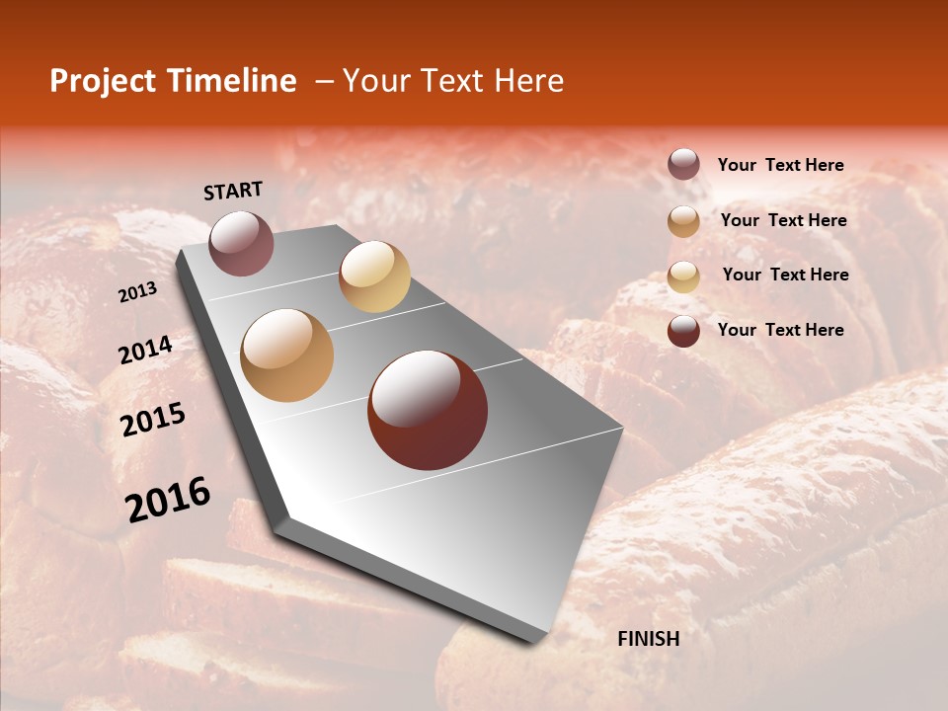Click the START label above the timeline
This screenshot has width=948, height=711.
point(233,191)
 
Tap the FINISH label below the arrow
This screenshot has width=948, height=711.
point(649,639)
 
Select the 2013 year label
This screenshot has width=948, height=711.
point(138,291)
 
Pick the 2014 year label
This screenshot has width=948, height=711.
point(146,350)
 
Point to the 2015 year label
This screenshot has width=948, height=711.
point(153,420)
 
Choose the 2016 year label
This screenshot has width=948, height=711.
point(168,499)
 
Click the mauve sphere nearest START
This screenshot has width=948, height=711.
point(241,243)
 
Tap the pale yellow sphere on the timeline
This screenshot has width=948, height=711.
point(374,276)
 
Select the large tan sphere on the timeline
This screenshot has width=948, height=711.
point(287,355)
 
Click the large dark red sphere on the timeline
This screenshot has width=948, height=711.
point(428,410)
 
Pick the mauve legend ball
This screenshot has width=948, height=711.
point(683,165)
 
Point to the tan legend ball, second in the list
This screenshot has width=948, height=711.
point(683,221)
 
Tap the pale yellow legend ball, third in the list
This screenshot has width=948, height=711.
point(683,276)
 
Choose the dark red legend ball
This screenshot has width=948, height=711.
point(683,331)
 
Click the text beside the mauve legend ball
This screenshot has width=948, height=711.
point(781,165)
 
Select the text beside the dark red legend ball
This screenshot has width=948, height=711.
point(781,330)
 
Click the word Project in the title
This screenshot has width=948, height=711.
point(103,81)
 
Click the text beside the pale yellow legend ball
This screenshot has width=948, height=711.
point(785,275)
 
